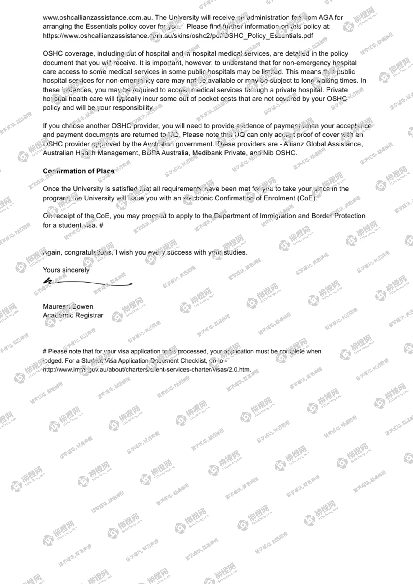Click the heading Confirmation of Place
click(78, 171)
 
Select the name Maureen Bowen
click(68, 306)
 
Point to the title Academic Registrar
click(73, 315)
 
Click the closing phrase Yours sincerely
click(66, 270)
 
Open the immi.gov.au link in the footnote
click(147, 370)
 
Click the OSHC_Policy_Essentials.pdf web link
click(178, 36)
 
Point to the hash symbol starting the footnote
click(45, 352)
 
